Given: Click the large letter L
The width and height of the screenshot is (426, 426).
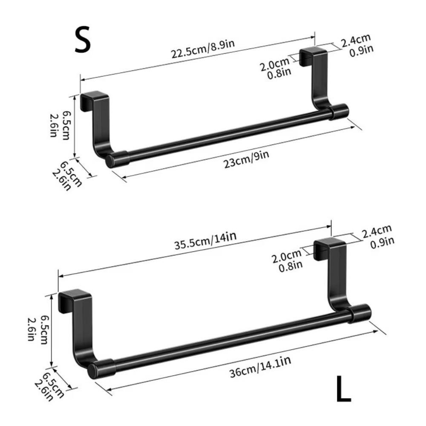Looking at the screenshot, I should point(343,389).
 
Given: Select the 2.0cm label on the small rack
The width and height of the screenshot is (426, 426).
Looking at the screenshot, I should point(276,66).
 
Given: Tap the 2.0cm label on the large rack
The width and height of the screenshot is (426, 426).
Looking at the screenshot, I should point(287,258).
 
